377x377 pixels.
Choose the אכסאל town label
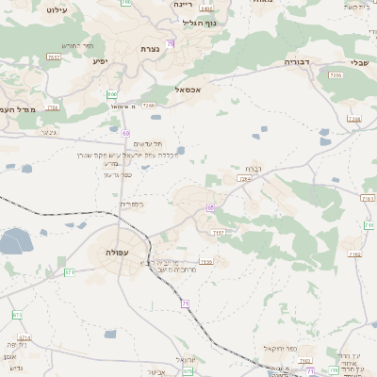point(188,90)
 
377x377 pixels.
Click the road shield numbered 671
point(69,271)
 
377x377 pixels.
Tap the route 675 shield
point(188,370)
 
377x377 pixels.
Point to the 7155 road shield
point(206,261)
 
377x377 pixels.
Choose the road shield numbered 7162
point(367,198)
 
